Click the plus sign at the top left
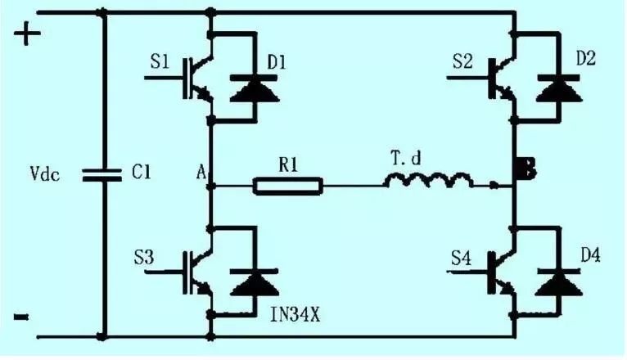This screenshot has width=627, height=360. [x=27, y=33]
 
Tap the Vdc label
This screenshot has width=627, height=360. [x=45, y=174]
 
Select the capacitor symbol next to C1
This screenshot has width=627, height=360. [x=101, y=175]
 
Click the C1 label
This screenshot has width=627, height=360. [x=141, y=173]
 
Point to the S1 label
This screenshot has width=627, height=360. [x=160, y=62]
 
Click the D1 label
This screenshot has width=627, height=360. [x=277, y=62]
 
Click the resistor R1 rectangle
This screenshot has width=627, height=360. [x=288, y=187]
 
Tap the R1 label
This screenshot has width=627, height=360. [x=288, y=164]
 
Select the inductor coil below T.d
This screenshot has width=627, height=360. [x=428, y=180]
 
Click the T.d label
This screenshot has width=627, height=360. [x=406, y=158]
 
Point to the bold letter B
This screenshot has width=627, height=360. [x=526, y=169]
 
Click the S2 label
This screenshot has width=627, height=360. [x=462, y=61]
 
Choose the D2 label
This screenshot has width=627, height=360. [x=586, y=58]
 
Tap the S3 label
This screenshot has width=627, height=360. [x=143, y=257]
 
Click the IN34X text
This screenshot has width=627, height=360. [x=295, y=315]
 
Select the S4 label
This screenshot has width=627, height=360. [x=461, y=258]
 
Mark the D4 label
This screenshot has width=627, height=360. [x=590, y=255]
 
